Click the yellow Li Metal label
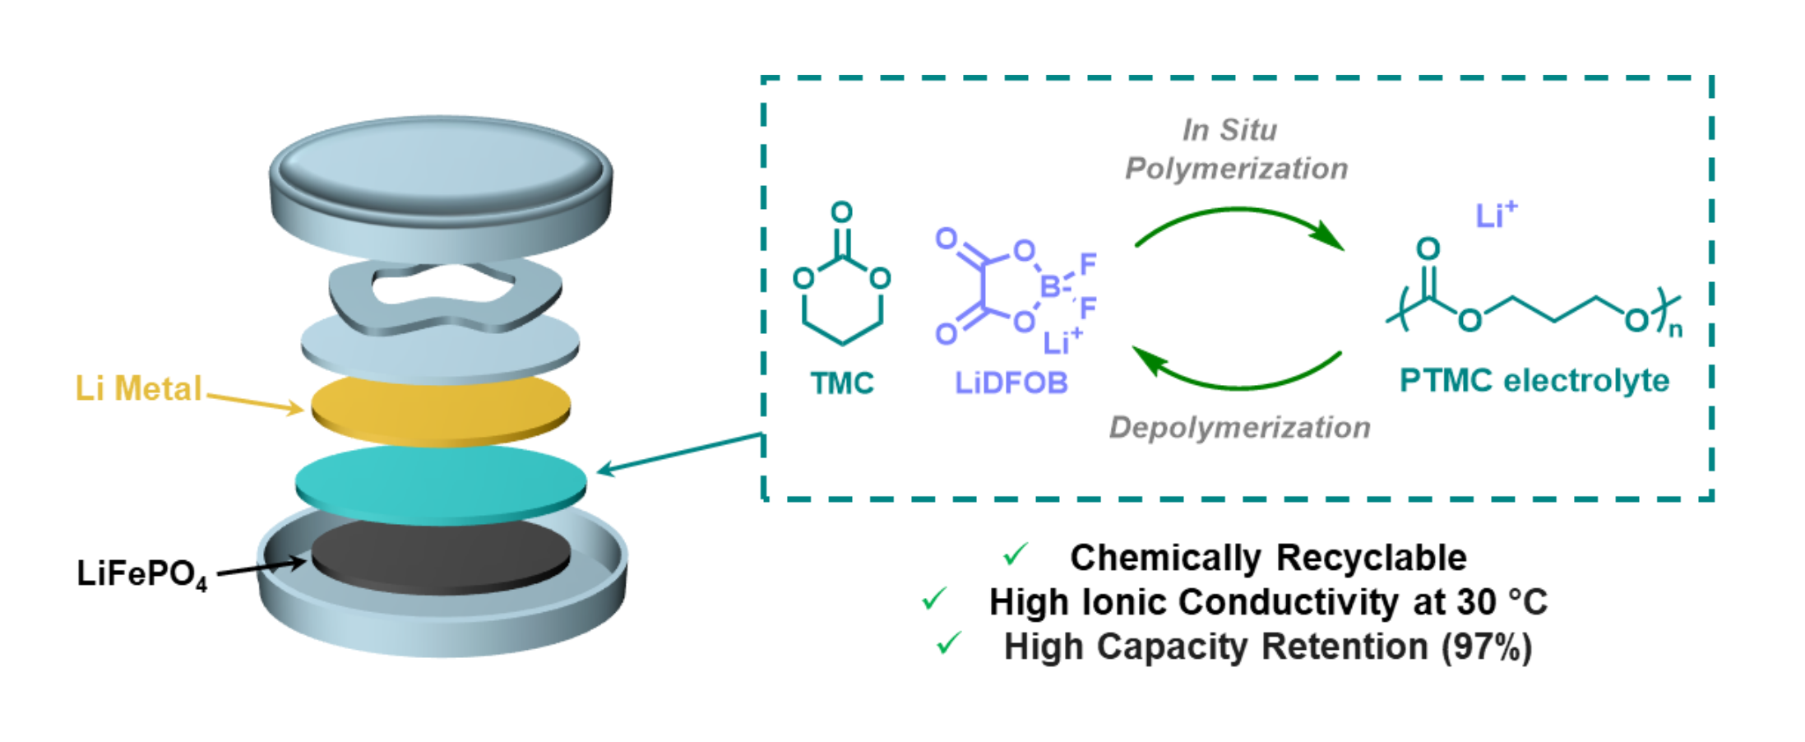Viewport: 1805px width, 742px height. click(137, 389)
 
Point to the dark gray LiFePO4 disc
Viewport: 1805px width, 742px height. click(441, 557)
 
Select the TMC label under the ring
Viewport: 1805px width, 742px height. click(841, 383)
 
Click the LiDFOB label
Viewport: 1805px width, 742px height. click(1011, 383)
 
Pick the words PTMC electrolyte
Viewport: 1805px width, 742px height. click(1534, 381)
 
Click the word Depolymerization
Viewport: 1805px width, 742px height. click(1239, 428)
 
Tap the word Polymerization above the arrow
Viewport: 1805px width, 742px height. click(1236, 169)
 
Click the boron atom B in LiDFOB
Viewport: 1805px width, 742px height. click(1049, 287)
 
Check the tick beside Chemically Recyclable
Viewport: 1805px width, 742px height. click(1016, 554)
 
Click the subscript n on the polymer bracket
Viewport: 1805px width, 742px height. click(1675, 332)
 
